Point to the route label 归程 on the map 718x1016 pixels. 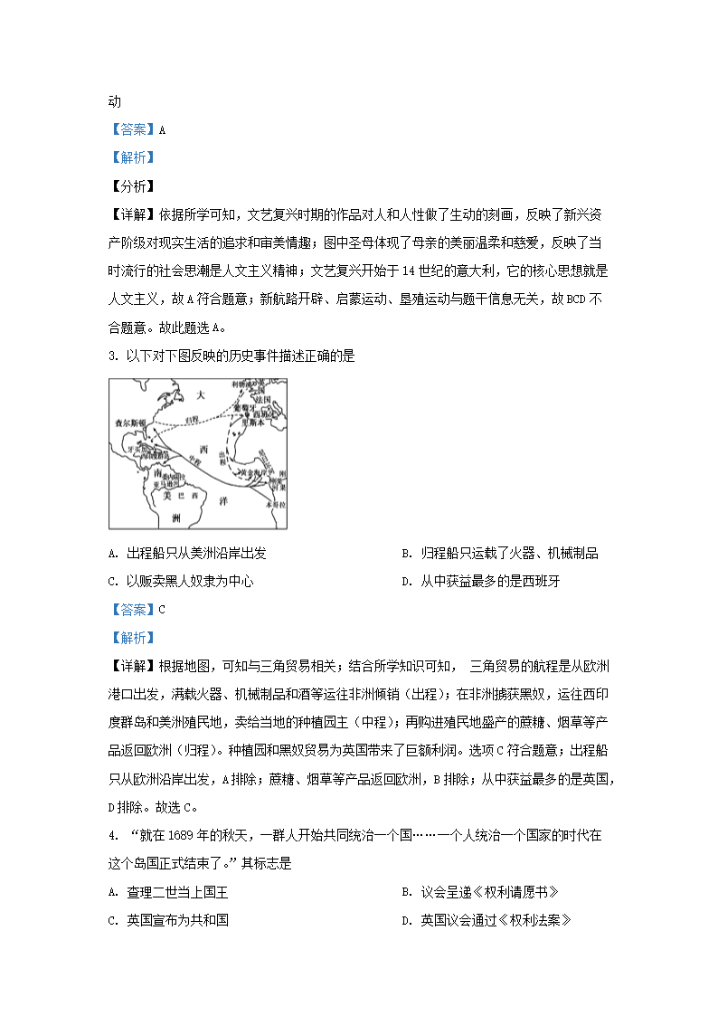coord(190,419)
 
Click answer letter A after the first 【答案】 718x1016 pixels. coord(162,129)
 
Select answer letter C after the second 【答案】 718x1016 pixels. coord(162,609)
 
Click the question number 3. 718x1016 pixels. coord(113,356)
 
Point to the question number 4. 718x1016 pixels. coord(112,836)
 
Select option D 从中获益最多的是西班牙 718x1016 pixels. coord(480,581)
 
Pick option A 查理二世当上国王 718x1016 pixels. coord(167,892)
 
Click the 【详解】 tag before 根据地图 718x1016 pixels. coord(132,666)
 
